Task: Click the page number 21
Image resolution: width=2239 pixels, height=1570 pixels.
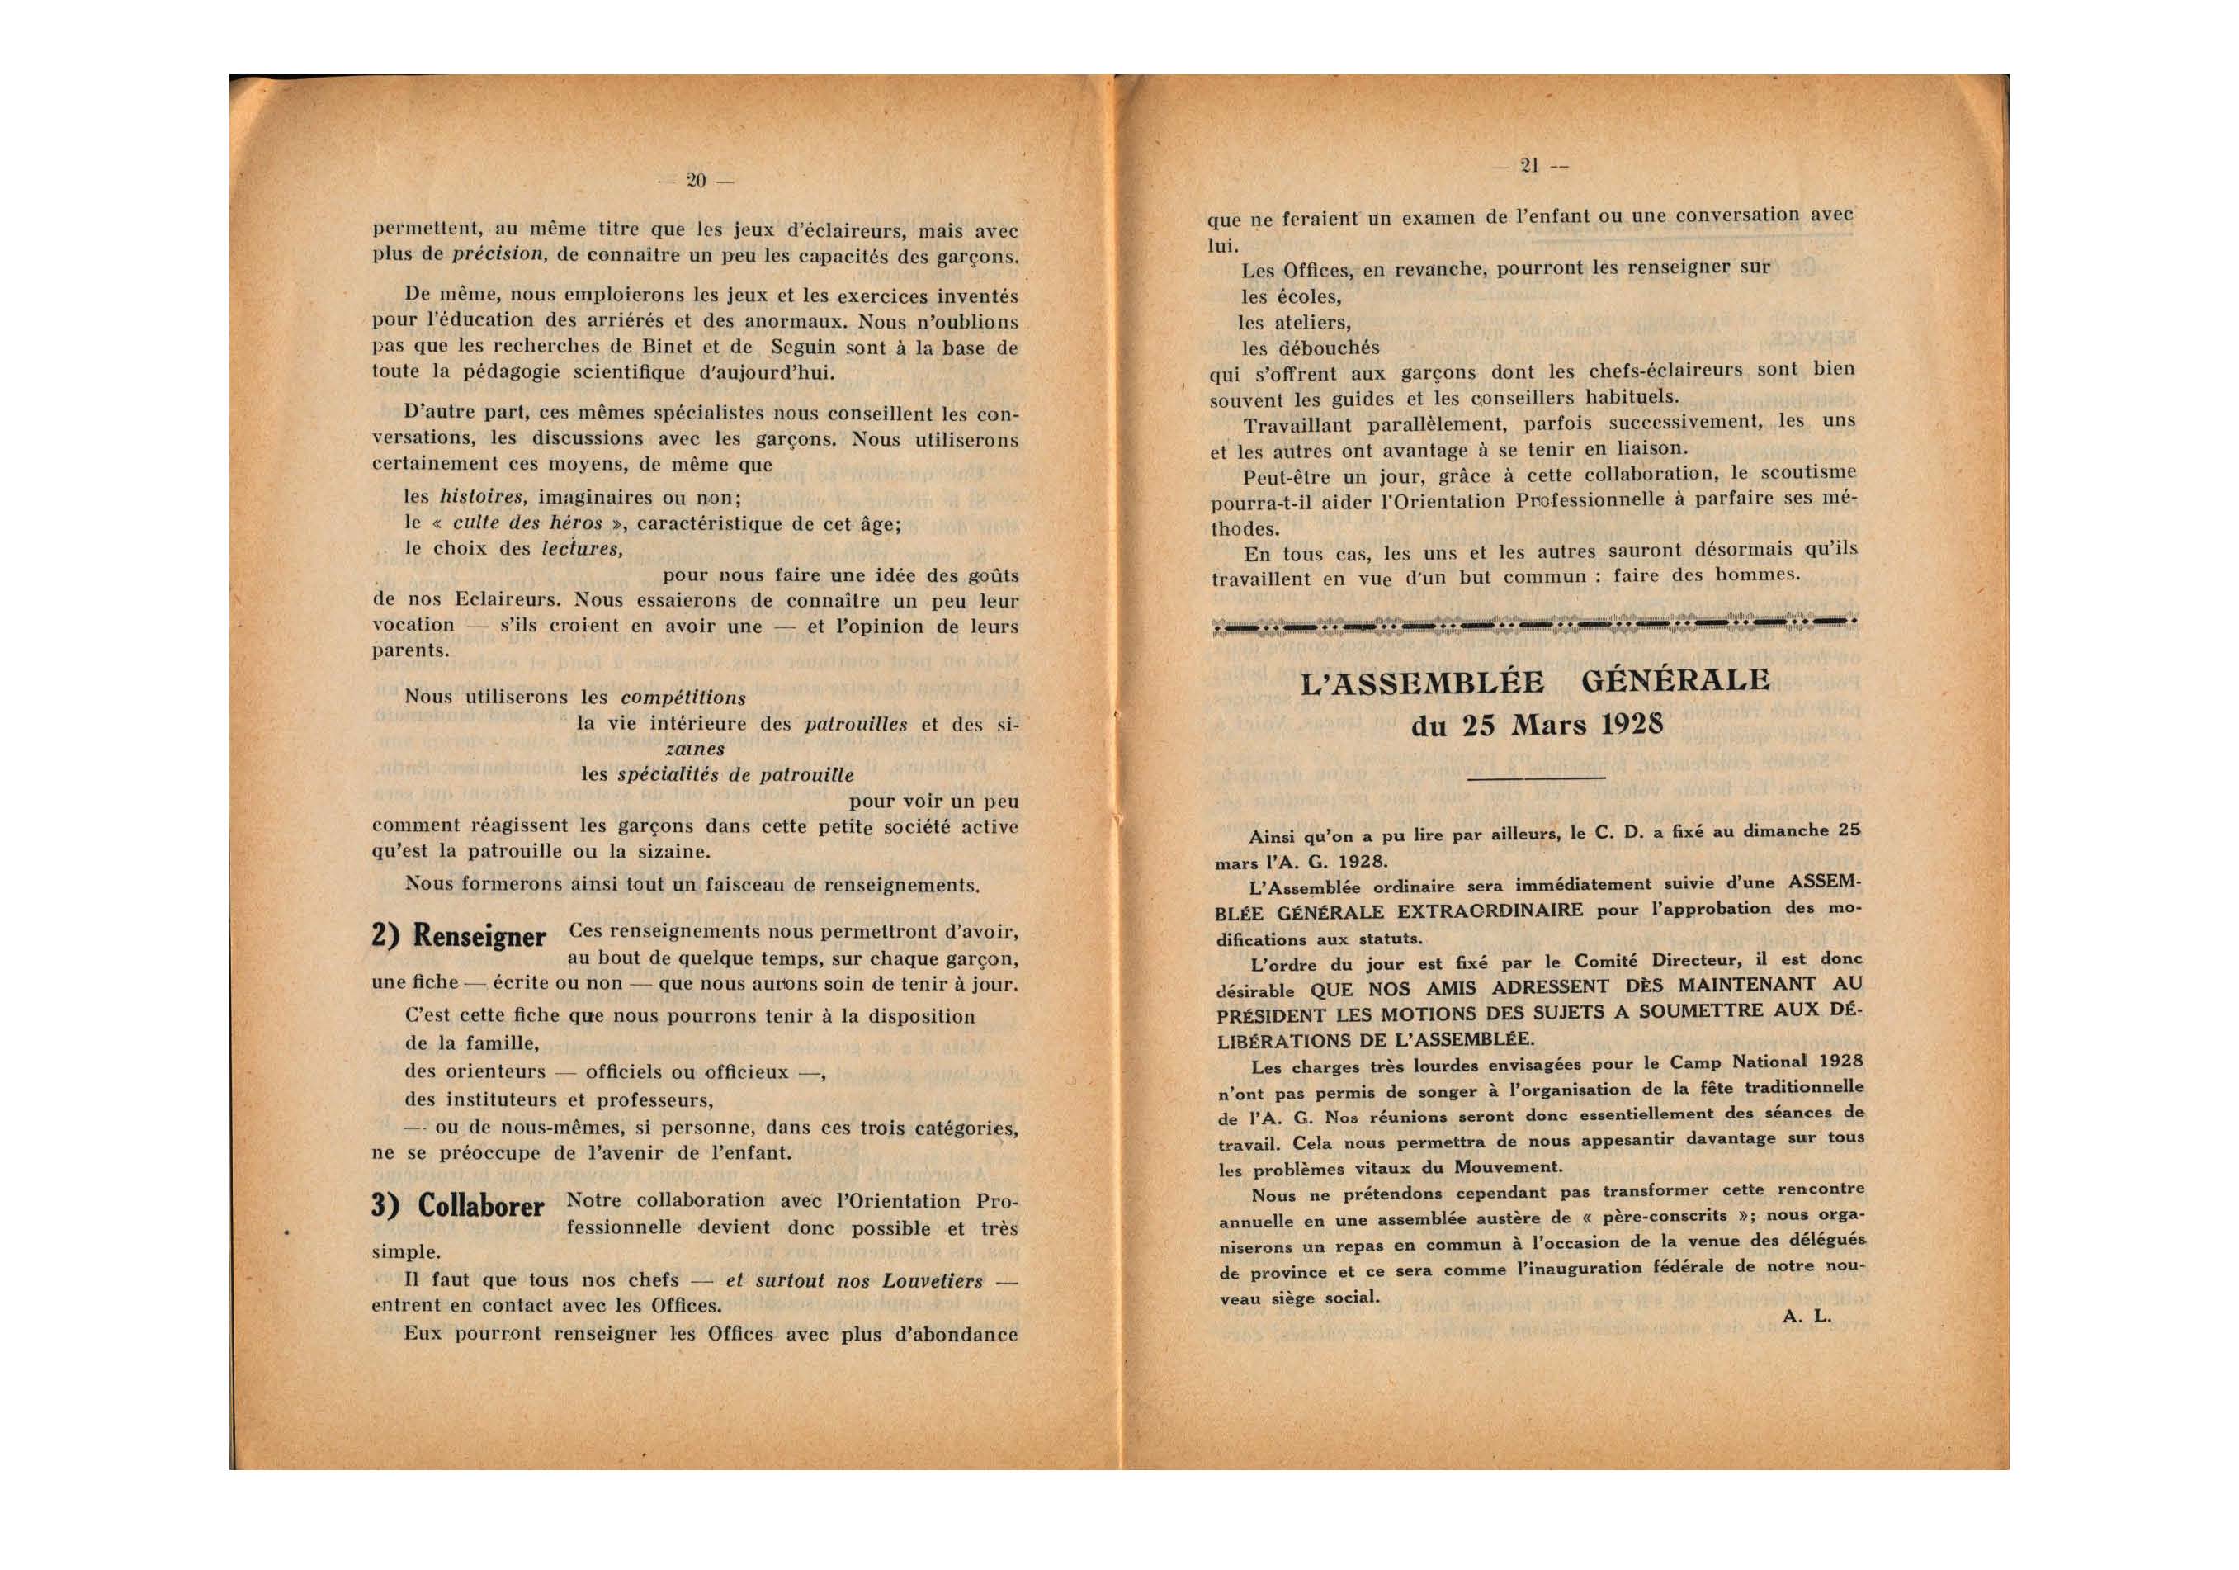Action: pos(1529,166)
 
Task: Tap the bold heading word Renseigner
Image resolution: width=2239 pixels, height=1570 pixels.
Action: pos(479,937)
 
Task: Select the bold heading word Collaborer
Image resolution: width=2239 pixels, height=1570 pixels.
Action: pos(477,1206)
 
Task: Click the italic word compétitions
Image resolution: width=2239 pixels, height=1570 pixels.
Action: pos(683,698)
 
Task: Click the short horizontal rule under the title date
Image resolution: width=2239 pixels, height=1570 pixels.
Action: pos(1536,778)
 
